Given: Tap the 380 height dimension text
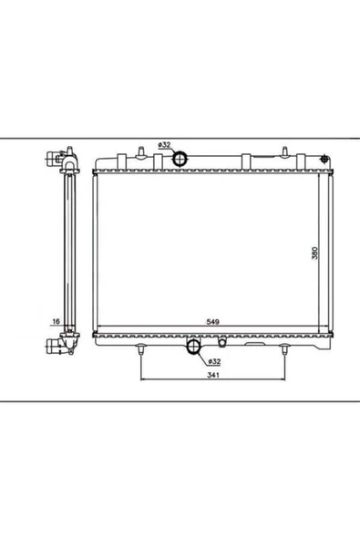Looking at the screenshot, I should coord(314,253).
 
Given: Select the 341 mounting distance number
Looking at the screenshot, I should coord(212,387).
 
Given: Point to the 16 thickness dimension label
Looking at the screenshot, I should coord(55,322).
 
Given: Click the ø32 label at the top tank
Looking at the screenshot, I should coord(164,145).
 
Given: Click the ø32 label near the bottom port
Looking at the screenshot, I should coord(211,360).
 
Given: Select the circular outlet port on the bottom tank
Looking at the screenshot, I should coord(194,347).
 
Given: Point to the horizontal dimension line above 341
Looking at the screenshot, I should coord(212,378).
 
